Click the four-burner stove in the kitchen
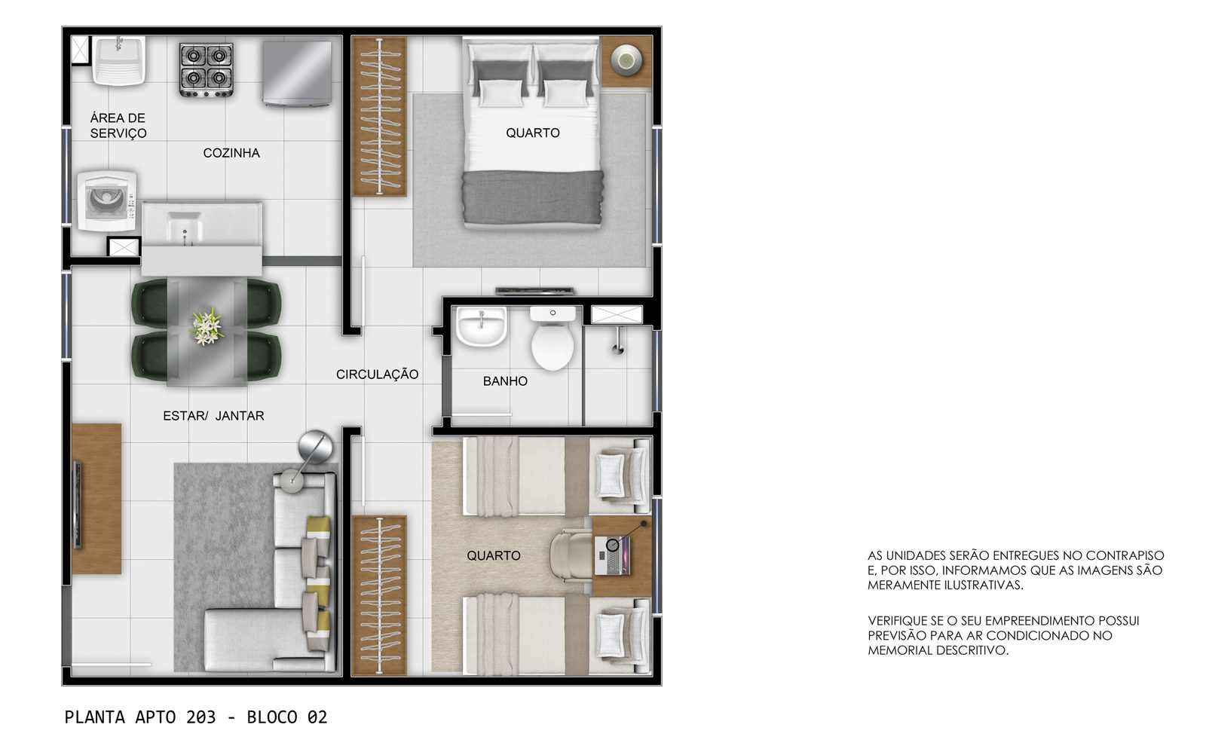[207, 71]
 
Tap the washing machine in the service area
[106, 200]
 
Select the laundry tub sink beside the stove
[118, 60]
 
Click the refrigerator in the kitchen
[297, 73]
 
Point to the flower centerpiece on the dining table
[207, 326]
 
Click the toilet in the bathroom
[552, 338]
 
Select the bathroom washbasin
[482, 326]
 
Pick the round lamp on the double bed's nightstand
[626, 60]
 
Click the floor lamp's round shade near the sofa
[316, 447]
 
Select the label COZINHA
[231, 154]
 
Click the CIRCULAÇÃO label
[378, 374]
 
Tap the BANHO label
[505, 381]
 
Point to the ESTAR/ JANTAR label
[214, 416]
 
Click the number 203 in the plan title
[200, 717]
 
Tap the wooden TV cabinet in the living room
[96, 498]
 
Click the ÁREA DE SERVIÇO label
[118, 125]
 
